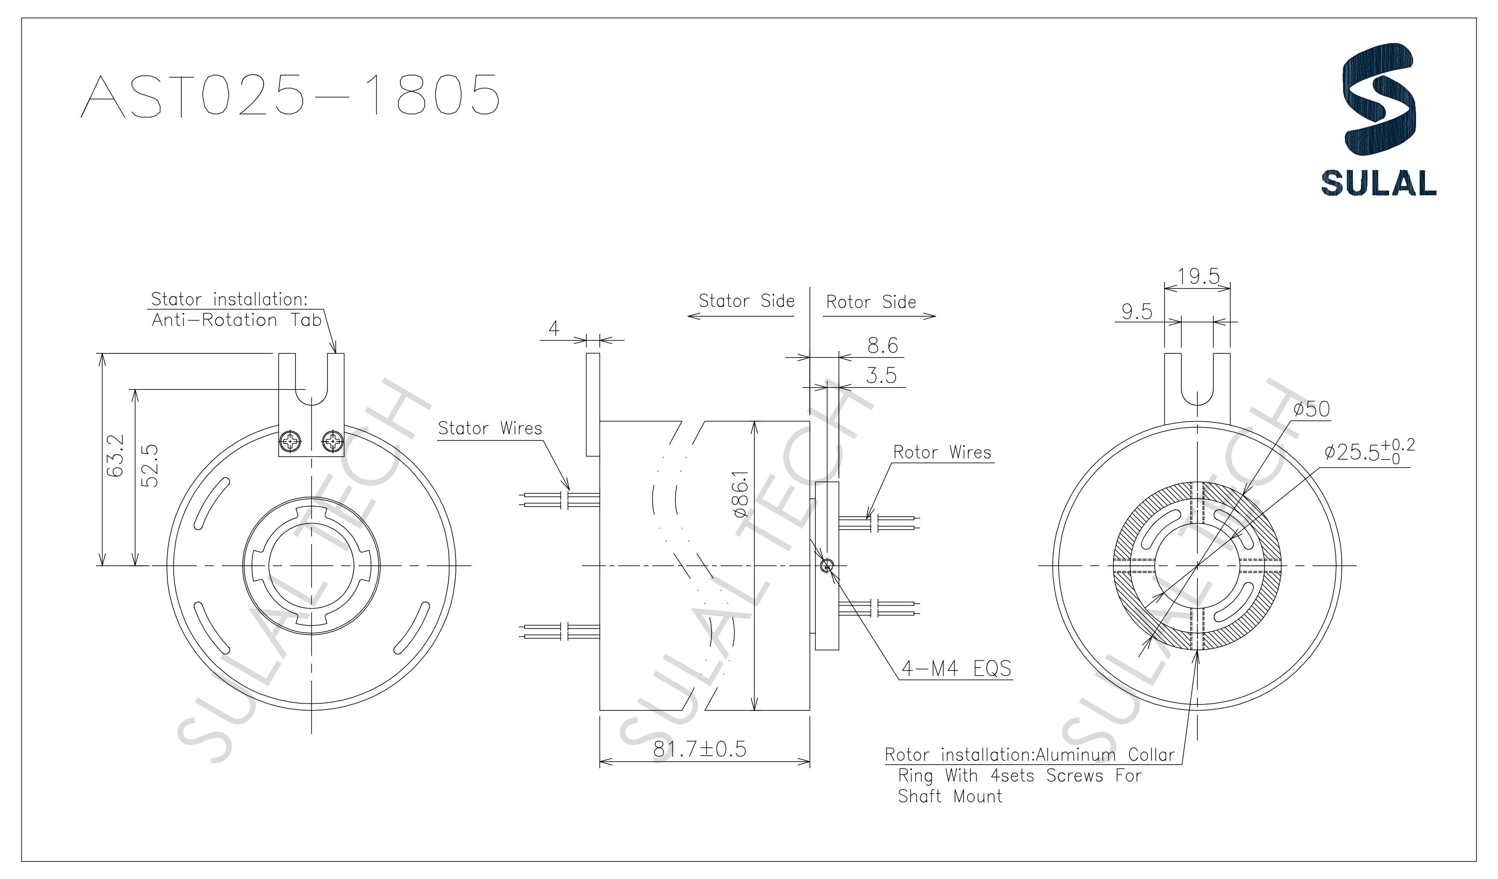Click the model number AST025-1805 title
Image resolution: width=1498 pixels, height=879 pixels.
coord(290,95)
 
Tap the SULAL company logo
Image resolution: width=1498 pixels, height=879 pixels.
coord(1378,119)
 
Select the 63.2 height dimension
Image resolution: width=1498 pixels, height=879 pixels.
coord(117,455)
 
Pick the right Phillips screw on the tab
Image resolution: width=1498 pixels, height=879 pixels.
coord(332,441)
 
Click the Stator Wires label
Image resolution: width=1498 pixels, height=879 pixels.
coord(490,428)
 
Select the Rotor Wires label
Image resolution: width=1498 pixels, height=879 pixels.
coord(942,452)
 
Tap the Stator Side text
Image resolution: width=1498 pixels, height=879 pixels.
coord(746,301)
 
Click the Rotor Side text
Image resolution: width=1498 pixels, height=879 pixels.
coord(871,302)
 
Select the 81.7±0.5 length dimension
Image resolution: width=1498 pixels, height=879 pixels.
coord(700,749)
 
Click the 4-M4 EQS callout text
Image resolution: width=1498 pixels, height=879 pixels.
coord(956,669)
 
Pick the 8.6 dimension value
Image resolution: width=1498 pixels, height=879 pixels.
coord(882,345)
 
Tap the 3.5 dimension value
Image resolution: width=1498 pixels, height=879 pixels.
coord(881,375)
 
